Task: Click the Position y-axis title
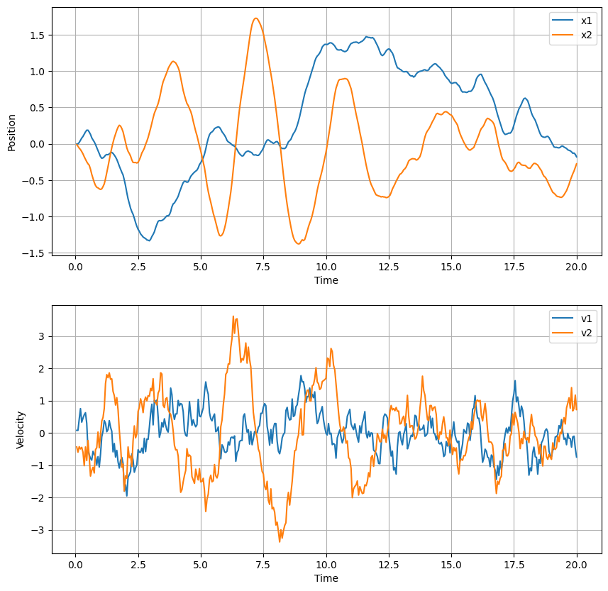[11, 131]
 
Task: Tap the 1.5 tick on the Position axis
[38, 35]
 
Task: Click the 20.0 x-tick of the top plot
[576, 267]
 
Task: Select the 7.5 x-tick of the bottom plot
[263, 565]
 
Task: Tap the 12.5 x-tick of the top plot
[389, 267]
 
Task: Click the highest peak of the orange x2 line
[256, 18]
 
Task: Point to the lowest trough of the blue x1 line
[149, 241]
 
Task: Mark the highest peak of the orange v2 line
[233, 316]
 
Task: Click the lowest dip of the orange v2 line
[280, 541]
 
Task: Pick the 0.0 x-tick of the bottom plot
[75, 565]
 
